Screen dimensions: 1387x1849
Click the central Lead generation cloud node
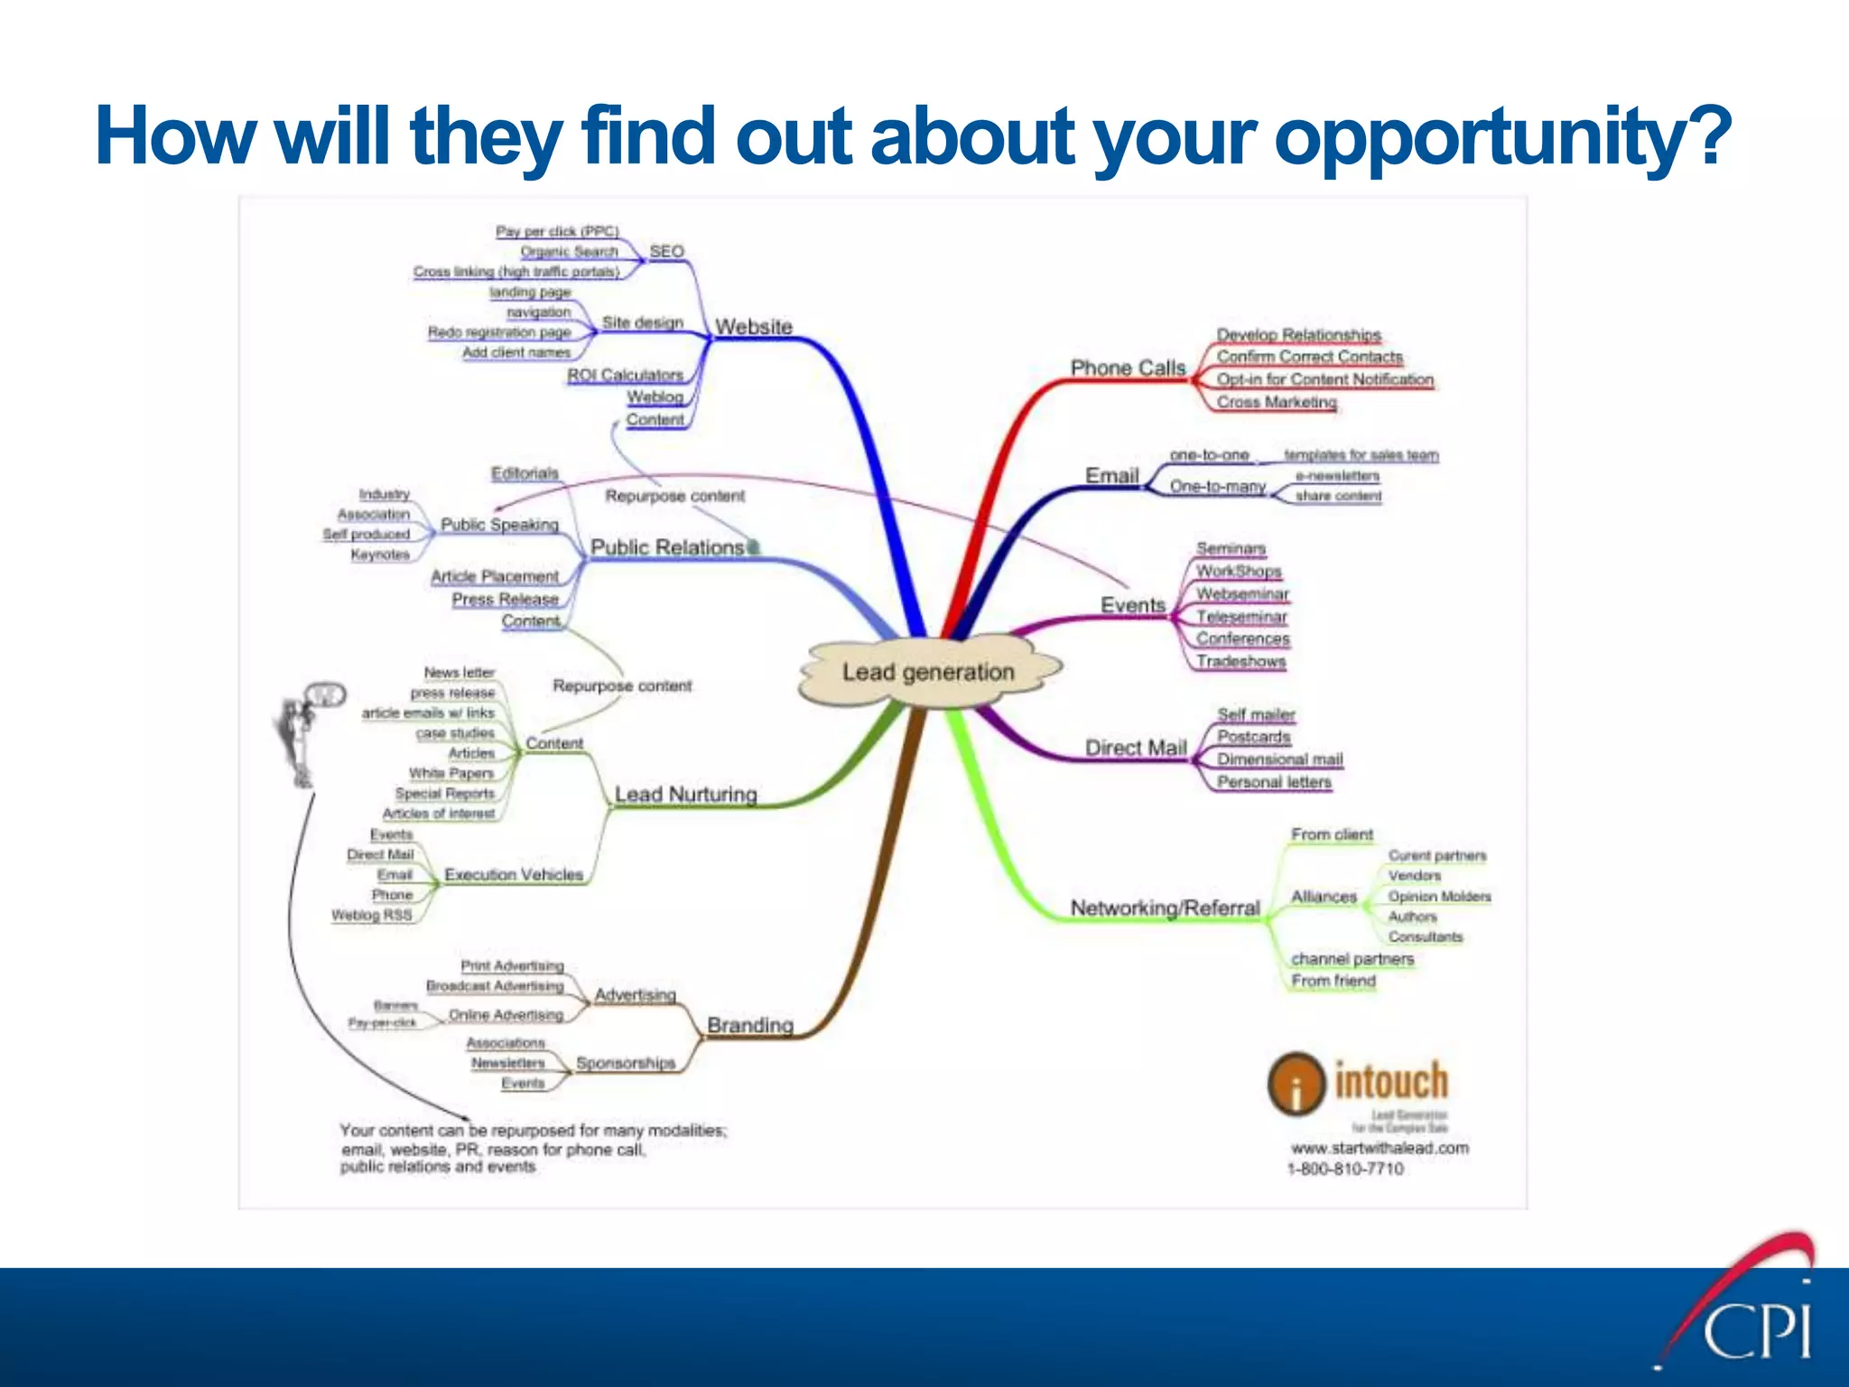click(x=928, y=672)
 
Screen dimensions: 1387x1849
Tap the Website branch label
click(x=753, y=327)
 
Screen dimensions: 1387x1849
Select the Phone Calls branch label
click(x=1128, y=368)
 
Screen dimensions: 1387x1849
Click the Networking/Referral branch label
click(x=1165, y=908)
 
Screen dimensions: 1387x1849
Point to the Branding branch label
click(x=749, y=1026)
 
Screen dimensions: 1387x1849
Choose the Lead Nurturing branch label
click(x=685, y=795)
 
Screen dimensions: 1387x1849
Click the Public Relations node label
click(x=667, y=547)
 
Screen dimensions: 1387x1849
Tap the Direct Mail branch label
click(x=1135, y=748)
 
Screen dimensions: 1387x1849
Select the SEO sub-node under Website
click(x=666, y=251)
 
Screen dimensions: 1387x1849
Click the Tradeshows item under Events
click(x=1240, y=661)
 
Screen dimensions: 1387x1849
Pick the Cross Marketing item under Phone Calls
click(x=1276, y=402)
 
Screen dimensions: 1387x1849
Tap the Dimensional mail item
click(x=1279, y=759)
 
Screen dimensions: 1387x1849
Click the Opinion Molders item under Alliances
click(x=1439, y=897)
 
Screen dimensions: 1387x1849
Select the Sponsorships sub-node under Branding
click(x=626, y=1063)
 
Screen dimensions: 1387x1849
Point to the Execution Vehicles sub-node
click(x=513, y=875)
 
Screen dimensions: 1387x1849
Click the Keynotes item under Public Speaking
click(x=380, y=554)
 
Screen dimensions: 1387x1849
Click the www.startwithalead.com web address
click(x=1380, y=1149)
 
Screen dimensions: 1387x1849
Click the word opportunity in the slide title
click(x=1500, y=137)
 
